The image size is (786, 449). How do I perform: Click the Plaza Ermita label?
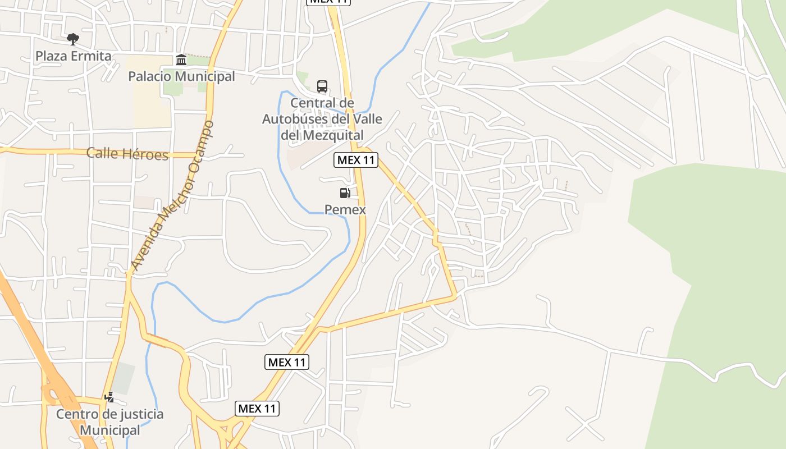pyautogui.click(x=74, y=56)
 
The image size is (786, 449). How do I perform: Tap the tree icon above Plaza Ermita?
pyautogui.click(x=72, y=39)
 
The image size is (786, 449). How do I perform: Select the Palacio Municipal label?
pyautogui.click(x=181, y=76)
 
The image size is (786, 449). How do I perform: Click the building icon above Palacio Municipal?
pyautogui.click(x=181, y=59)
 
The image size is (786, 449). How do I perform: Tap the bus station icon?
pyautogui.click(x=322, y=86)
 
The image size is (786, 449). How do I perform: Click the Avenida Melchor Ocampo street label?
pyautogui.click(x=172, y=196)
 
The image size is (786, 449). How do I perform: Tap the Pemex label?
pyautogui.click(x=345, y=210)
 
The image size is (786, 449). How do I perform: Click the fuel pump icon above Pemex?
pyautogui.click(x=345, y=194)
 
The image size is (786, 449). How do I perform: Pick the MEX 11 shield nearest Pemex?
pyautogui.click(x=356, y=160)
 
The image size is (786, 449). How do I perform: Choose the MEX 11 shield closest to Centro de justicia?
pyautogui.click(x=257, y=409)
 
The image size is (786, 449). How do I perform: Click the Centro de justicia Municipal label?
pyautogui.click(x=109, y=422)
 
